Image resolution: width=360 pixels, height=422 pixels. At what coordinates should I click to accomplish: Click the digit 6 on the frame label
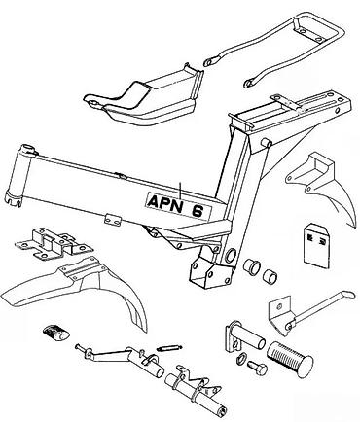(198, 212)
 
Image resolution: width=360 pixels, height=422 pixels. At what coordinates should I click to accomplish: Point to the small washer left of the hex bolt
(241, 359)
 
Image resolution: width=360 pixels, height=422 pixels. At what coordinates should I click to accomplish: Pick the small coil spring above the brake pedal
(169, 348)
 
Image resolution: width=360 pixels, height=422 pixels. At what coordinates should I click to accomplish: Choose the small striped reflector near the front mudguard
(55, 333)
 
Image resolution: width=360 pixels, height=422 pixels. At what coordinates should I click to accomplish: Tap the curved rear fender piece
(323, 188)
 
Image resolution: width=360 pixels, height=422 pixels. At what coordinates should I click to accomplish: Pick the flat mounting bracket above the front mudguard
(54, 244)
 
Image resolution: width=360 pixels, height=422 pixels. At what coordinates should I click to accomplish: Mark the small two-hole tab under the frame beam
(113, 220)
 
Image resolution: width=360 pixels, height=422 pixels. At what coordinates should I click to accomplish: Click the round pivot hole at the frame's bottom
(231, 256)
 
